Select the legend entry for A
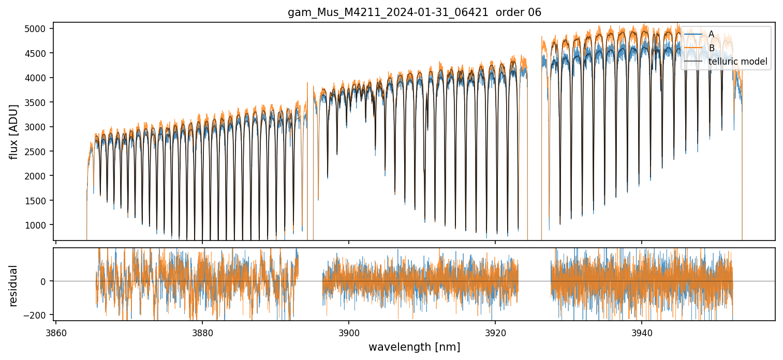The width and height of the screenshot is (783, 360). (711, 35)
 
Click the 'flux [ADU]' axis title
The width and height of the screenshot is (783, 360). (14, 131)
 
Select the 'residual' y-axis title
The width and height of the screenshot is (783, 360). (14, 285)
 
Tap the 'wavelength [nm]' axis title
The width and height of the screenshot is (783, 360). (414, 347)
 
